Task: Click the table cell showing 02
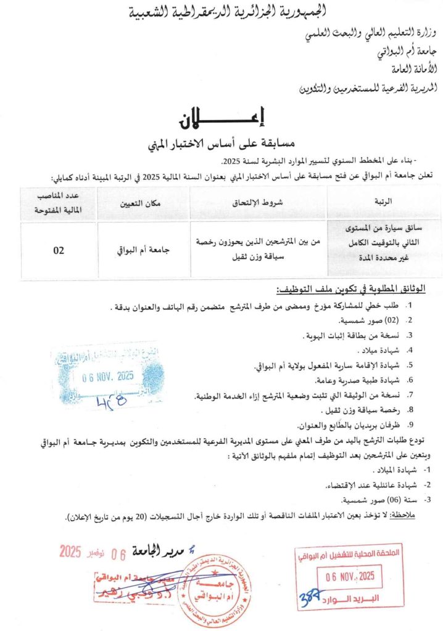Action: (59, 250)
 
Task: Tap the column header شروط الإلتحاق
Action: (257, 202)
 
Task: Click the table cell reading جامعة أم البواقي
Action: (143, 250)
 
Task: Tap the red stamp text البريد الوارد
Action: (350, 597)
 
